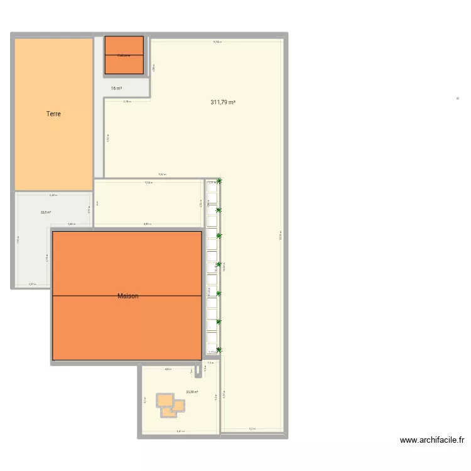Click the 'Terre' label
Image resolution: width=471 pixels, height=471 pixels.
53,114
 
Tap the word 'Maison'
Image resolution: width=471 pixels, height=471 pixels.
127,296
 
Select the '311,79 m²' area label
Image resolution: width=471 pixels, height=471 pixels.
223,102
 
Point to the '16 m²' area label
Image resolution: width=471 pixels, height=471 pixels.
116,89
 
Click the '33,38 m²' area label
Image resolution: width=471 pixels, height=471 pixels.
192,392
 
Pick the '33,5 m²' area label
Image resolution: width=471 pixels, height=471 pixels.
46,212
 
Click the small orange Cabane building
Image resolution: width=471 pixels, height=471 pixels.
124,55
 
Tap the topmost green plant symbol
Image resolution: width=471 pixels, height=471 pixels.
219,182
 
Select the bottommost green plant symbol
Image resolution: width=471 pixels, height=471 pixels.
219,350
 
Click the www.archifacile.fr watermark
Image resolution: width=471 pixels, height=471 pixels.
431,440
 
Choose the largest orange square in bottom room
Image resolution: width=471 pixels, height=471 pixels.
165,400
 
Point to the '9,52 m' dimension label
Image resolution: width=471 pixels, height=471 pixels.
162,175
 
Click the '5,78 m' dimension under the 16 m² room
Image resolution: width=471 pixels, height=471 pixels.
127,102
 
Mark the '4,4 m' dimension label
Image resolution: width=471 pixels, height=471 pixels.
168,369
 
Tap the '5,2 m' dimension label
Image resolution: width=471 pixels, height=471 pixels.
252,429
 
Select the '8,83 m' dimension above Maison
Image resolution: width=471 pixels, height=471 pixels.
147,224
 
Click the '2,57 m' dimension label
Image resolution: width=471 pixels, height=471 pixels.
32,284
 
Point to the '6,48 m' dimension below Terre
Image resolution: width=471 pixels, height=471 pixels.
53,195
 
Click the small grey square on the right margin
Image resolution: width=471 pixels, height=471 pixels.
458,98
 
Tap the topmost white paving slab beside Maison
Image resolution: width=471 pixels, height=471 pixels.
212,187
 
